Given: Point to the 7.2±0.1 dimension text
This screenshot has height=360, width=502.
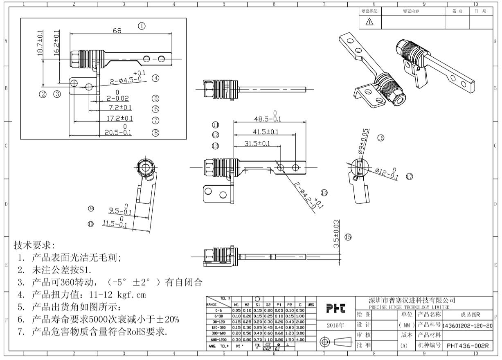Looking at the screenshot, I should click(x=119, y=108).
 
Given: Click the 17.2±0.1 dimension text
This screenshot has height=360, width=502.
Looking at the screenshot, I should click(x=120, y=119).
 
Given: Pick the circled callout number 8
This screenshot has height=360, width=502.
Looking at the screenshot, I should click(x=155, y=132).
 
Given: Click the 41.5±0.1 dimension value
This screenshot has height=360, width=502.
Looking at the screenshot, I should click(x=266, y=132).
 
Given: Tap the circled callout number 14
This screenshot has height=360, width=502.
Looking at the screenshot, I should click(x=324, y=192).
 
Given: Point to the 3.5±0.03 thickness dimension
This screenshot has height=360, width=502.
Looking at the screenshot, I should click(x=336, y=234).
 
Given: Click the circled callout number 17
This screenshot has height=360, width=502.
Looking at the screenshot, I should click(x=409, y=176).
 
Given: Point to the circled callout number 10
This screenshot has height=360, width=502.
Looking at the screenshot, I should click(x=90, y=223).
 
